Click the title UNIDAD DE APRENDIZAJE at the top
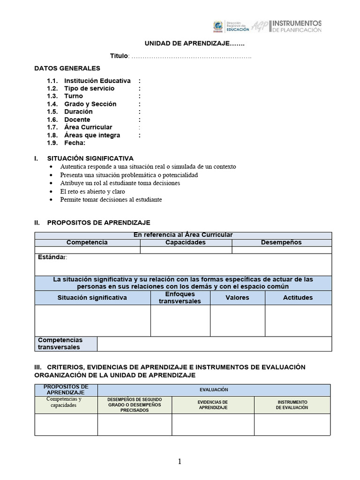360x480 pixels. (x=194, y=44)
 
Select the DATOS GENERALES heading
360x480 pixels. (x=67, y=68)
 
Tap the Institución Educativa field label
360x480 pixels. (x=97, y=81)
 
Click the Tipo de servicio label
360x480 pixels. (x=89, y=89)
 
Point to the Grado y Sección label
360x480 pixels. (x=90, y=104)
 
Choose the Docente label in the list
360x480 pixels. (x=77, y=120)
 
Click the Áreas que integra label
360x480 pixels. (x=92, y=135)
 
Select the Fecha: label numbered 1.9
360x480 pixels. (x=75, y=143)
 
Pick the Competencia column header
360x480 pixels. (x=87, y=242)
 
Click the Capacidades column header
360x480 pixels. (x=186, y=242)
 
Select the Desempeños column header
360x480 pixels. (x=281, y=242)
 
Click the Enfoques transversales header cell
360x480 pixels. (x=180, y=298)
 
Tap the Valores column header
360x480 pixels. (x=237, y=298)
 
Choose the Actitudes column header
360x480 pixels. (x=298, y=298)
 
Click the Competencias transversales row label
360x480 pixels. (x=60, y=344)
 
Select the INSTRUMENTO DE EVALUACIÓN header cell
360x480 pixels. (x=292, y=405)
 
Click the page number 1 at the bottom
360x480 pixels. (x=180, y=462)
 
